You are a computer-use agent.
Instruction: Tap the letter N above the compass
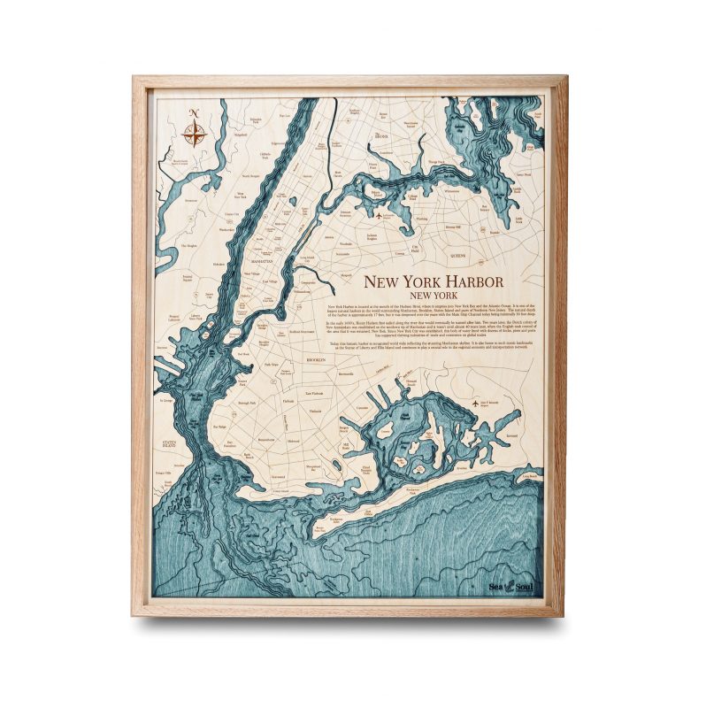[x=196, y=112]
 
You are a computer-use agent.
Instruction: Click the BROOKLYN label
[x=317, y=362]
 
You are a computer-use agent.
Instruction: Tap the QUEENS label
[x=457, y=255]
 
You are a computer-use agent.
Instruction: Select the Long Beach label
[x=529, y=475]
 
